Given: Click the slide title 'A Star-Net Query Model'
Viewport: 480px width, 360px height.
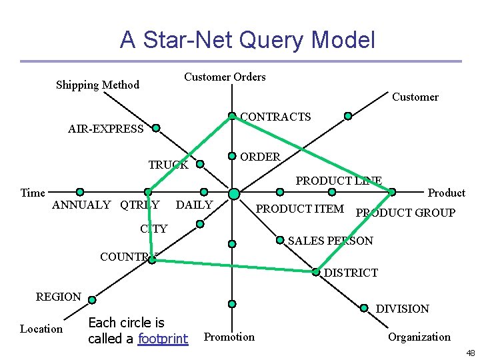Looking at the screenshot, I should pos(247,40).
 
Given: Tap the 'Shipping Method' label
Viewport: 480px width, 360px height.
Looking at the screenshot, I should pos(97,85).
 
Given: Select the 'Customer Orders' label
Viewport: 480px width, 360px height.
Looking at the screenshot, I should pos(225,77).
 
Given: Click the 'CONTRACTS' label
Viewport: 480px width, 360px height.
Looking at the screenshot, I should pos(275,117).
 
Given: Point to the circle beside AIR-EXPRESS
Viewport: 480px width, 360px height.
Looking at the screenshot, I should pos(155,127).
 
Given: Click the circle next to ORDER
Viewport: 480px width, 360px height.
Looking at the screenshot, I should pos(231,156).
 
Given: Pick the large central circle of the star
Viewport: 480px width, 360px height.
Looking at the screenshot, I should pos(233,193).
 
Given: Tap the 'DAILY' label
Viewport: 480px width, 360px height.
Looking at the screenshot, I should pos(194,205).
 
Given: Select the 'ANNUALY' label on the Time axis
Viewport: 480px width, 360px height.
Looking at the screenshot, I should pos(81,205).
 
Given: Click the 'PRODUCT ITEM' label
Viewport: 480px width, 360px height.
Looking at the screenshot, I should pos(300,209).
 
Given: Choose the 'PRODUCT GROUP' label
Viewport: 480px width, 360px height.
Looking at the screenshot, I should pos(406,213).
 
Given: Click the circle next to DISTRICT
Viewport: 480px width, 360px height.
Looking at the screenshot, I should pos(316,271).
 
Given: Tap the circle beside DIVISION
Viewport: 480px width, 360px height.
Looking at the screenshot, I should pos(364,307).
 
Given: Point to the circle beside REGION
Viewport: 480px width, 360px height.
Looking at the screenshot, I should pos(93,299).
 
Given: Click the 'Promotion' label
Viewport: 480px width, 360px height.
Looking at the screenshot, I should pos(229,337).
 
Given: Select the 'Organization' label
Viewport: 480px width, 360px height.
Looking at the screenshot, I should pos(419,337).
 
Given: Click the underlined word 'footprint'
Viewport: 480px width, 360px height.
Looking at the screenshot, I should pos(163,339).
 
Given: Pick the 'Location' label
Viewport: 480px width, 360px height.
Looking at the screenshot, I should pos(41,329).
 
